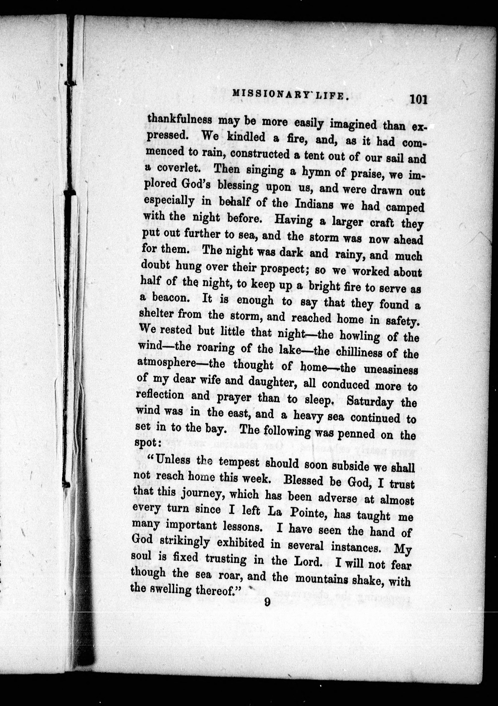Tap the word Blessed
[303, 480]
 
